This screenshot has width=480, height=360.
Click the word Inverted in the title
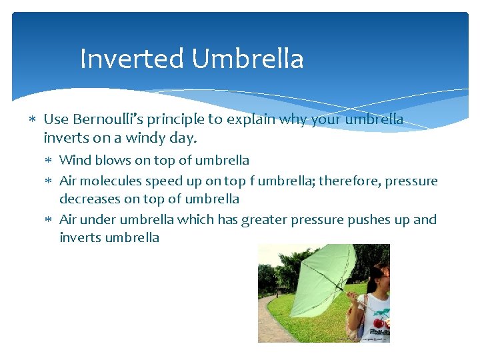pyautogui.click(x=131, y=59)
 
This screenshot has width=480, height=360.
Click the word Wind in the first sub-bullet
pyautogui.click(x=74, y=160)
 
